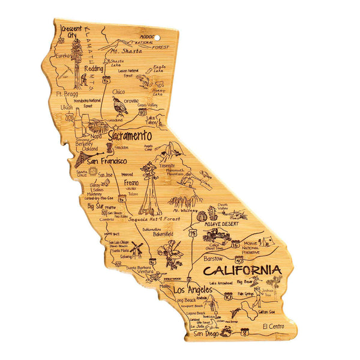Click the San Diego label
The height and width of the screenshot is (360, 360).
click(x=203, y=334)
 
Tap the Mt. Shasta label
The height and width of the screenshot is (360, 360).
click(x=127, y=52)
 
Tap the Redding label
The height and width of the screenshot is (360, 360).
click(x=93, y=69)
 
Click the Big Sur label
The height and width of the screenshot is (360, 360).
click(x=95, y=206)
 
